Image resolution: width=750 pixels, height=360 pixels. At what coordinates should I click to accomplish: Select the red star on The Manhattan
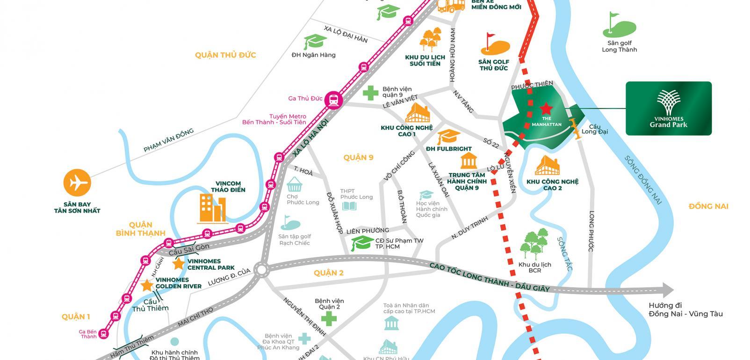click(545, 109)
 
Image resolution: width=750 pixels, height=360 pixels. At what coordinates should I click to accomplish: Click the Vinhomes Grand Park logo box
click(669, 108)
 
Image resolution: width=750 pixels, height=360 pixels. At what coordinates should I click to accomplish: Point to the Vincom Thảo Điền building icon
click(213, 208)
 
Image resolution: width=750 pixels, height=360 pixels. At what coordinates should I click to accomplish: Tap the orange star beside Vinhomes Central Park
click(178, 264)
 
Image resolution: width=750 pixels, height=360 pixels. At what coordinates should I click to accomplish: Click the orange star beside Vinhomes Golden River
click(147, 285)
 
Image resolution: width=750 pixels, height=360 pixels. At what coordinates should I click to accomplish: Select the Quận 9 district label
click(358, 158)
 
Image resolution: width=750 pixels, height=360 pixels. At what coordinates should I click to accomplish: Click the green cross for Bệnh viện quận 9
click(370, 93)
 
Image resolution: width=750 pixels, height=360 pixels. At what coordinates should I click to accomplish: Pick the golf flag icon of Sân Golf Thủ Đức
click(494, 44)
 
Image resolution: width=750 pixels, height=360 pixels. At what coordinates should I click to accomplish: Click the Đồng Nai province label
click(708, 206)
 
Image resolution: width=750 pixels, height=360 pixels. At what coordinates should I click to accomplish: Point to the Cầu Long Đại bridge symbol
click(575, 128)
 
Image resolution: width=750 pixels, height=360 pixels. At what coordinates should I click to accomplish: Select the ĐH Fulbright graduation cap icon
click(448, 137)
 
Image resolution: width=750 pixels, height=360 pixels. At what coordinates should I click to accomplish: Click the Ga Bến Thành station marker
click(104, 333)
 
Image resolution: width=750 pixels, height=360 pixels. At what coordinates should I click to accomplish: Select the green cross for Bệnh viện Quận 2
click(329, 319)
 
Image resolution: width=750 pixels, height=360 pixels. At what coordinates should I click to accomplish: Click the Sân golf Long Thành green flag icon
click(619, 25)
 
